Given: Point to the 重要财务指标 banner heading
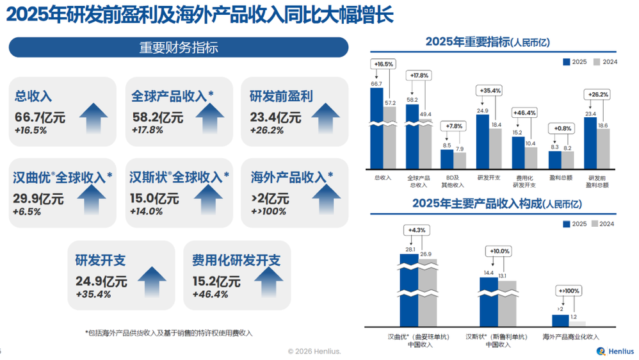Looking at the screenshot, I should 179,47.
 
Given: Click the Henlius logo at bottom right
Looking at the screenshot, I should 614,351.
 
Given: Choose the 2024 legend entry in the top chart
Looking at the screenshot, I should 606,62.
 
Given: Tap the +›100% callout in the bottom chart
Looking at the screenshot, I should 569,291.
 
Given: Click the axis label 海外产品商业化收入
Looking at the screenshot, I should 570,336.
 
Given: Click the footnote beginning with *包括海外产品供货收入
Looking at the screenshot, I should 169,333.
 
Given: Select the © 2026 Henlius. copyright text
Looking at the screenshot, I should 314,351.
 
